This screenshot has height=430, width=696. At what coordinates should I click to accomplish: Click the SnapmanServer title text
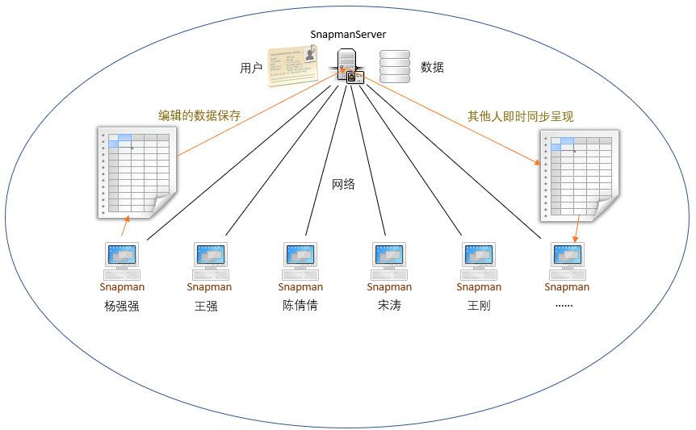point(348,34)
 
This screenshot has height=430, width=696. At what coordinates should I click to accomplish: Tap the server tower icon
point(347,65)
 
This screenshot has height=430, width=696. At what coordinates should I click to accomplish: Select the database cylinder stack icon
point(395,66)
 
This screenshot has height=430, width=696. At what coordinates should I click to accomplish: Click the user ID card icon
point(292,65)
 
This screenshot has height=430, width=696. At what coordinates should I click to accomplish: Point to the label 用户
point(251,68)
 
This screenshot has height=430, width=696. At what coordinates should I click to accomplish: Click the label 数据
point(432,68)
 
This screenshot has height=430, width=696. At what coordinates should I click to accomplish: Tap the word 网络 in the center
point(343,184)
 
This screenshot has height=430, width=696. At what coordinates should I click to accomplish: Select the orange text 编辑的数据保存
point(199,115)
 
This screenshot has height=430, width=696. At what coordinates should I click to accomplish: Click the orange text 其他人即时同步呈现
point(520,117)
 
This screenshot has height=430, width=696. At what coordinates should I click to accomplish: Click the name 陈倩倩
point(300,306)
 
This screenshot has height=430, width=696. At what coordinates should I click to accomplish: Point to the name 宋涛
point(389,306)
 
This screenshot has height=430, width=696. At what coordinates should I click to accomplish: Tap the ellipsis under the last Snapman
point(564,306)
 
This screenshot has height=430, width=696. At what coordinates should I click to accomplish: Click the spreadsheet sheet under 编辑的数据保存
point(137,173)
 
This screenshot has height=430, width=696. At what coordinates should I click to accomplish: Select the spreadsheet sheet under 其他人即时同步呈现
point(580,176)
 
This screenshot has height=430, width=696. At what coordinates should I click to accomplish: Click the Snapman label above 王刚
point(479,287)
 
